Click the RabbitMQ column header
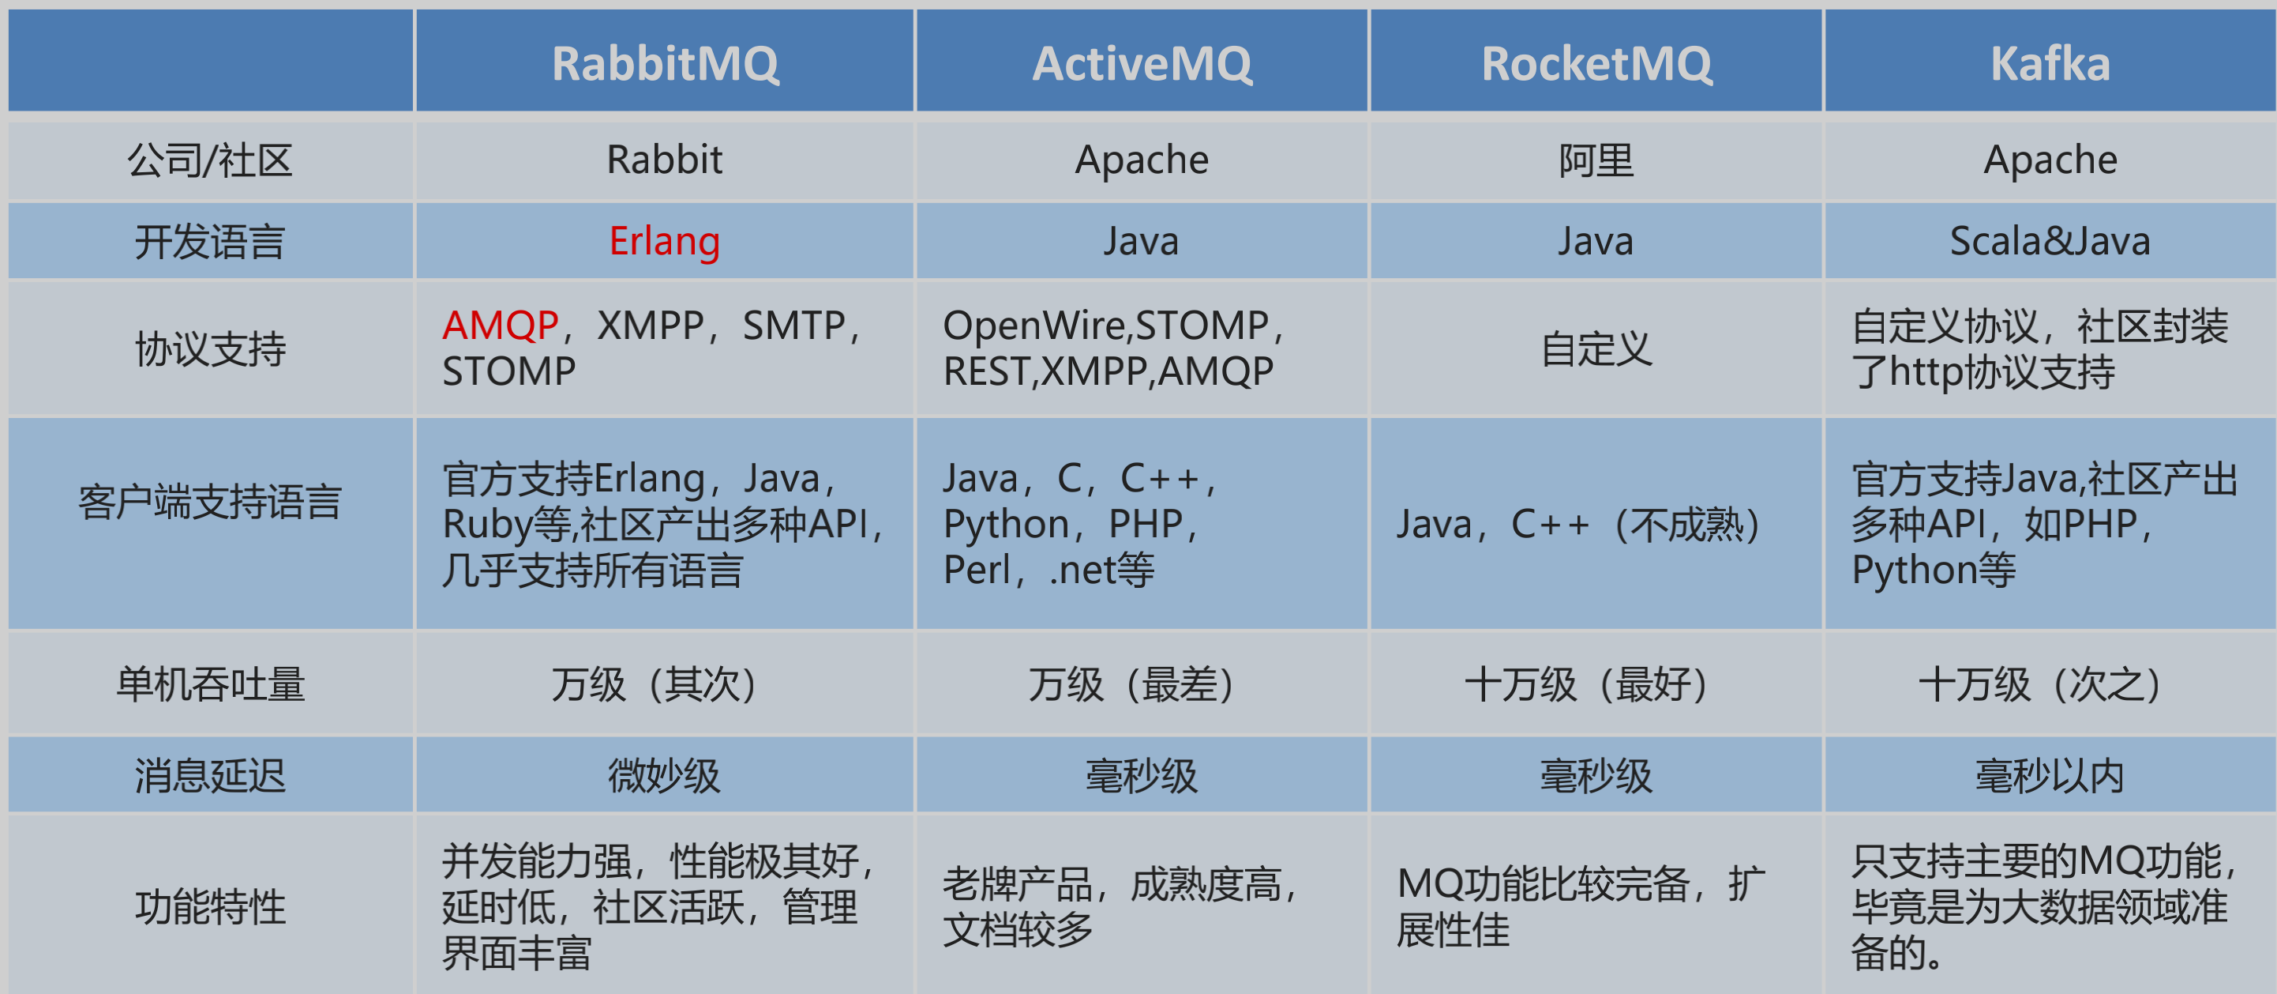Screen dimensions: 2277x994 click(665, 65)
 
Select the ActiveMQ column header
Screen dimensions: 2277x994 click(1142, 65)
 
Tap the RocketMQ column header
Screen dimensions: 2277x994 click(1596, 65)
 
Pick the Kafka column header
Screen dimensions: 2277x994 click(2050, 65)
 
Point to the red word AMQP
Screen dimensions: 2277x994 click(501, 326)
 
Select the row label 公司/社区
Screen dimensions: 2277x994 click(209, 161)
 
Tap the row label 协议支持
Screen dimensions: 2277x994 click(209, 348)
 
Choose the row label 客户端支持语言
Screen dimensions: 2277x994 click(209, 502)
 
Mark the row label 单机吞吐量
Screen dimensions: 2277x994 click(209, 684)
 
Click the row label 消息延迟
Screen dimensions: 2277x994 click(209, 776)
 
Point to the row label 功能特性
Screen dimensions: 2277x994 click(209, 906)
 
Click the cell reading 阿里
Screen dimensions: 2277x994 click(1596, 161)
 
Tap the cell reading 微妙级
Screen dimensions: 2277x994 click(665, 776)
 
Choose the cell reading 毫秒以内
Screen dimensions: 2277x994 click(2050, 776)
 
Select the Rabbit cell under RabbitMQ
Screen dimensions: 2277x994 click(665, 160)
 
